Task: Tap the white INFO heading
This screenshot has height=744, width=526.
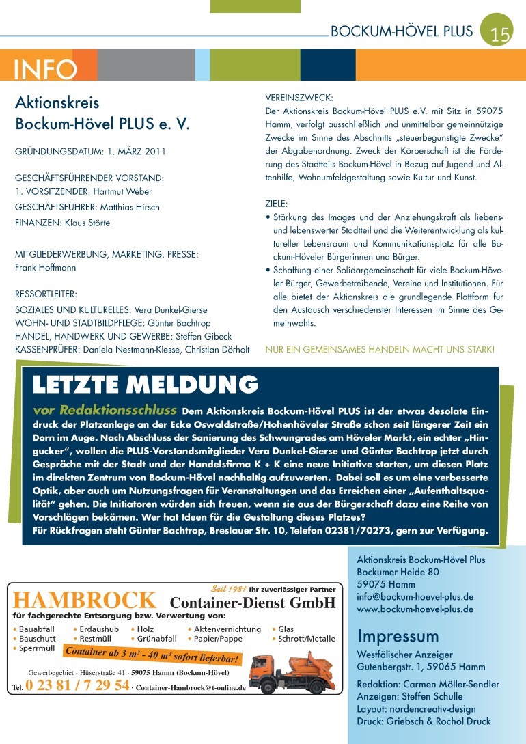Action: pyautogui.click(x=45, y=69)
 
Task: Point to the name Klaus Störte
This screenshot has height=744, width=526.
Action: pyautogui.click(x=87, y=223)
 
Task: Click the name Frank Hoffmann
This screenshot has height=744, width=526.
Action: pyautogui.click(x=46, y=268)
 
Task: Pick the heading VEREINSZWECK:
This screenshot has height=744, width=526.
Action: pyautogui.click(x=299, y=98)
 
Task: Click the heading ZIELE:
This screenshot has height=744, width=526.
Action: pyautogui.click(x=277, y=204)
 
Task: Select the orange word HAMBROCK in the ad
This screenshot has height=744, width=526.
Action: pyautogui.click(x=84, y=601)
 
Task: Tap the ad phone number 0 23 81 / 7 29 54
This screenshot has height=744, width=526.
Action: pyautogui.click(x=77, y=685)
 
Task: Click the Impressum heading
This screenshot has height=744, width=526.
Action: pyautogui.click(x=398, y=636)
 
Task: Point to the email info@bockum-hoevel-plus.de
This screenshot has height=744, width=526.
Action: pyautogui.click(x=415, y=596)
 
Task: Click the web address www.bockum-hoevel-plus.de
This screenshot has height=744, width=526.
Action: pyautogui.click(x=415, y=609)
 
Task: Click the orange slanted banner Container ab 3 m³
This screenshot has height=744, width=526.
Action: pyautogui.click(x=152, y=655)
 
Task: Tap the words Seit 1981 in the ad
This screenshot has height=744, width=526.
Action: pyautogui.click(x=228, y=589)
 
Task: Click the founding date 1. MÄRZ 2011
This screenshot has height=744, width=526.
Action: pyautogui.click(x=136, y=152)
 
